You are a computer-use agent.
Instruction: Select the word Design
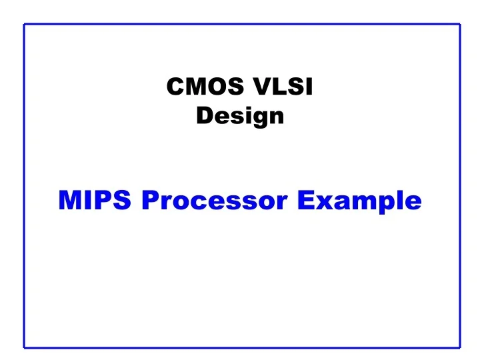pyautogui.click(x=240, y=117)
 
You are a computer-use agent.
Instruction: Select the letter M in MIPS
pyautogui.click(x=70, y=199)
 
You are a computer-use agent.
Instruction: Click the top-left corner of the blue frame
pyautogui.click(x=25, y=24)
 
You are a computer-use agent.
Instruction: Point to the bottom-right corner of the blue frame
pyautogui.click(x=460, y=347)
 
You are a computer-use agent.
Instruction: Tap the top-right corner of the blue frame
pyautogui.click(x=460, y=24)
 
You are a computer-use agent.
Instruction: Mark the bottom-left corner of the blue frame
pyautogui.click(x=25, y=347)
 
